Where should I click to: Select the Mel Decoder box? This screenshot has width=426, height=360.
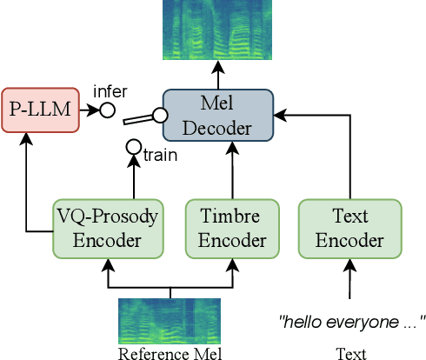tap(217, 115)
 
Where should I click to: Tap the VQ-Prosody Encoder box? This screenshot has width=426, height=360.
tap(107, 229)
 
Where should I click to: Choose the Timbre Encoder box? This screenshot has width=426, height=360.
tap(231, 229)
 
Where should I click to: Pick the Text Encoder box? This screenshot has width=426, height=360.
tap(349, 229)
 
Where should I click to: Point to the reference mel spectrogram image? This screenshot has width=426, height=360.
tap(170, 321)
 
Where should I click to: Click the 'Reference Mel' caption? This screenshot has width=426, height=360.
tap(170, 353)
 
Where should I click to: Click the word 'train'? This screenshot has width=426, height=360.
tap(161, 156)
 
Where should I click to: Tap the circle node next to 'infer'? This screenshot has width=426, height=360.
tap(107, 110)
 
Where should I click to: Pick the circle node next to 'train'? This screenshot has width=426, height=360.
tap(134, 147)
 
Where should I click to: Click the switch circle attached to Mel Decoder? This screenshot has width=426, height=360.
tap(160, 114)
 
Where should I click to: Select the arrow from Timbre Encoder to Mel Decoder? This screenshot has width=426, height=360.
tap(231, 170)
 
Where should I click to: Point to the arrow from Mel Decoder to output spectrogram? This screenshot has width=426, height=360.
tap(217, 76)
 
